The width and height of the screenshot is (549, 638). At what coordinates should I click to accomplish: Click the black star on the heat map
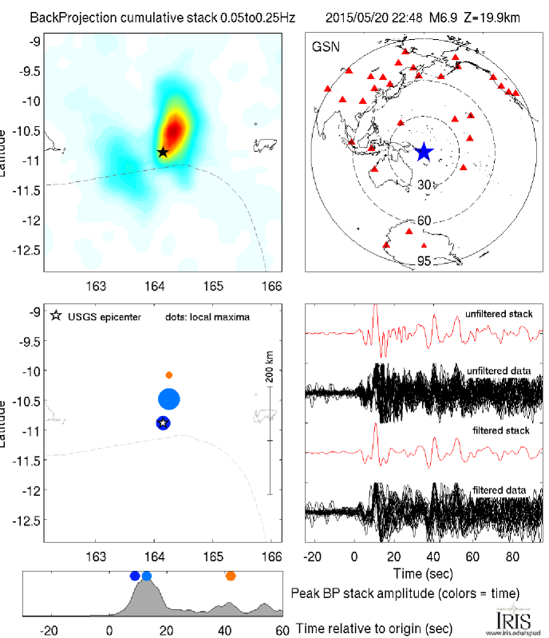163,152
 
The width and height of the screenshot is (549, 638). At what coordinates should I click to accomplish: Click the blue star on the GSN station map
424,152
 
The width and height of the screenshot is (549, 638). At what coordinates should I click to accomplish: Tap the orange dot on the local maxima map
169,374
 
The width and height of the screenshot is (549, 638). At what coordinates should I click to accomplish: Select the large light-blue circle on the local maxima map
169,398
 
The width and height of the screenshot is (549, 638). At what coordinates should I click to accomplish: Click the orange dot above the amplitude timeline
231,576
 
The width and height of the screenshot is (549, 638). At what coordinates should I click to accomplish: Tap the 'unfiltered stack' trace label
499,314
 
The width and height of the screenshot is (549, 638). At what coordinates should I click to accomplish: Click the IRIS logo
508,620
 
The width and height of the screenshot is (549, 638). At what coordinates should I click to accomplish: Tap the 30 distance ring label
425,185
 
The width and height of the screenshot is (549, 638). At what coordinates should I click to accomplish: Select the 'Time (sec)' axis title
424,574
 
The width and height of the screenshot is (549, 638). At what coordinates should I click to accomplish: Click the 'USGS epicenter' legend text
105,317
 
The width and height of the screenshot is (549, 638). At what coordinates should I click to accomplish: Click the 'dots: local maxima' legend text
207,317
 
